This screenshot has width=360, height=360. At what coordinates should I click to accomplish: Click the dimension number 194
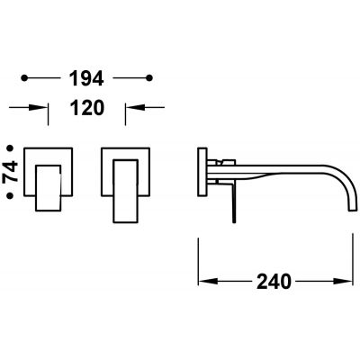86,78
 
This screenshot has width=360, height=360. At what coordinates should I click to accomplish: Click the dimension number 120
87,108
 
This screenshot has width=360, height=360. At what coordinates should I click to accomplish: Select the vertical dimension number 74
10,172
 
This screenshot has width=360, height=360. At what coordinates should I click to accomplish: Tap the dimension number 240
274,282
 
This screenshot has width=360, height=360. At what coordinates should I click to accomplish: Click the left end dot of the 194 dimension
24,78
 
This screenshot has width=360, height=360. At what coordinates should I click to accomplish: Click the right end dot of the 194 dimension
149,78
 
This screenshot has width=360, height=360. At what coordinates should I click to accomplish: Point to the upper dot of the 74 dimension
10,148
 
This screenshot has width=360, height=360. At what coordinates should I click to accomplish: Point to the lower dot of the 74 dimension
10,195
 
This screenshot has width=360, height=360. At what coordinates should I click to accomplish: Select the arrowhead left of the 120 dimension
38,107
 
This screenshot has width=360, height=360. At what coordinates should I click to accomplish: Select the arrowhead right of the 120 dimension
135,107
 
